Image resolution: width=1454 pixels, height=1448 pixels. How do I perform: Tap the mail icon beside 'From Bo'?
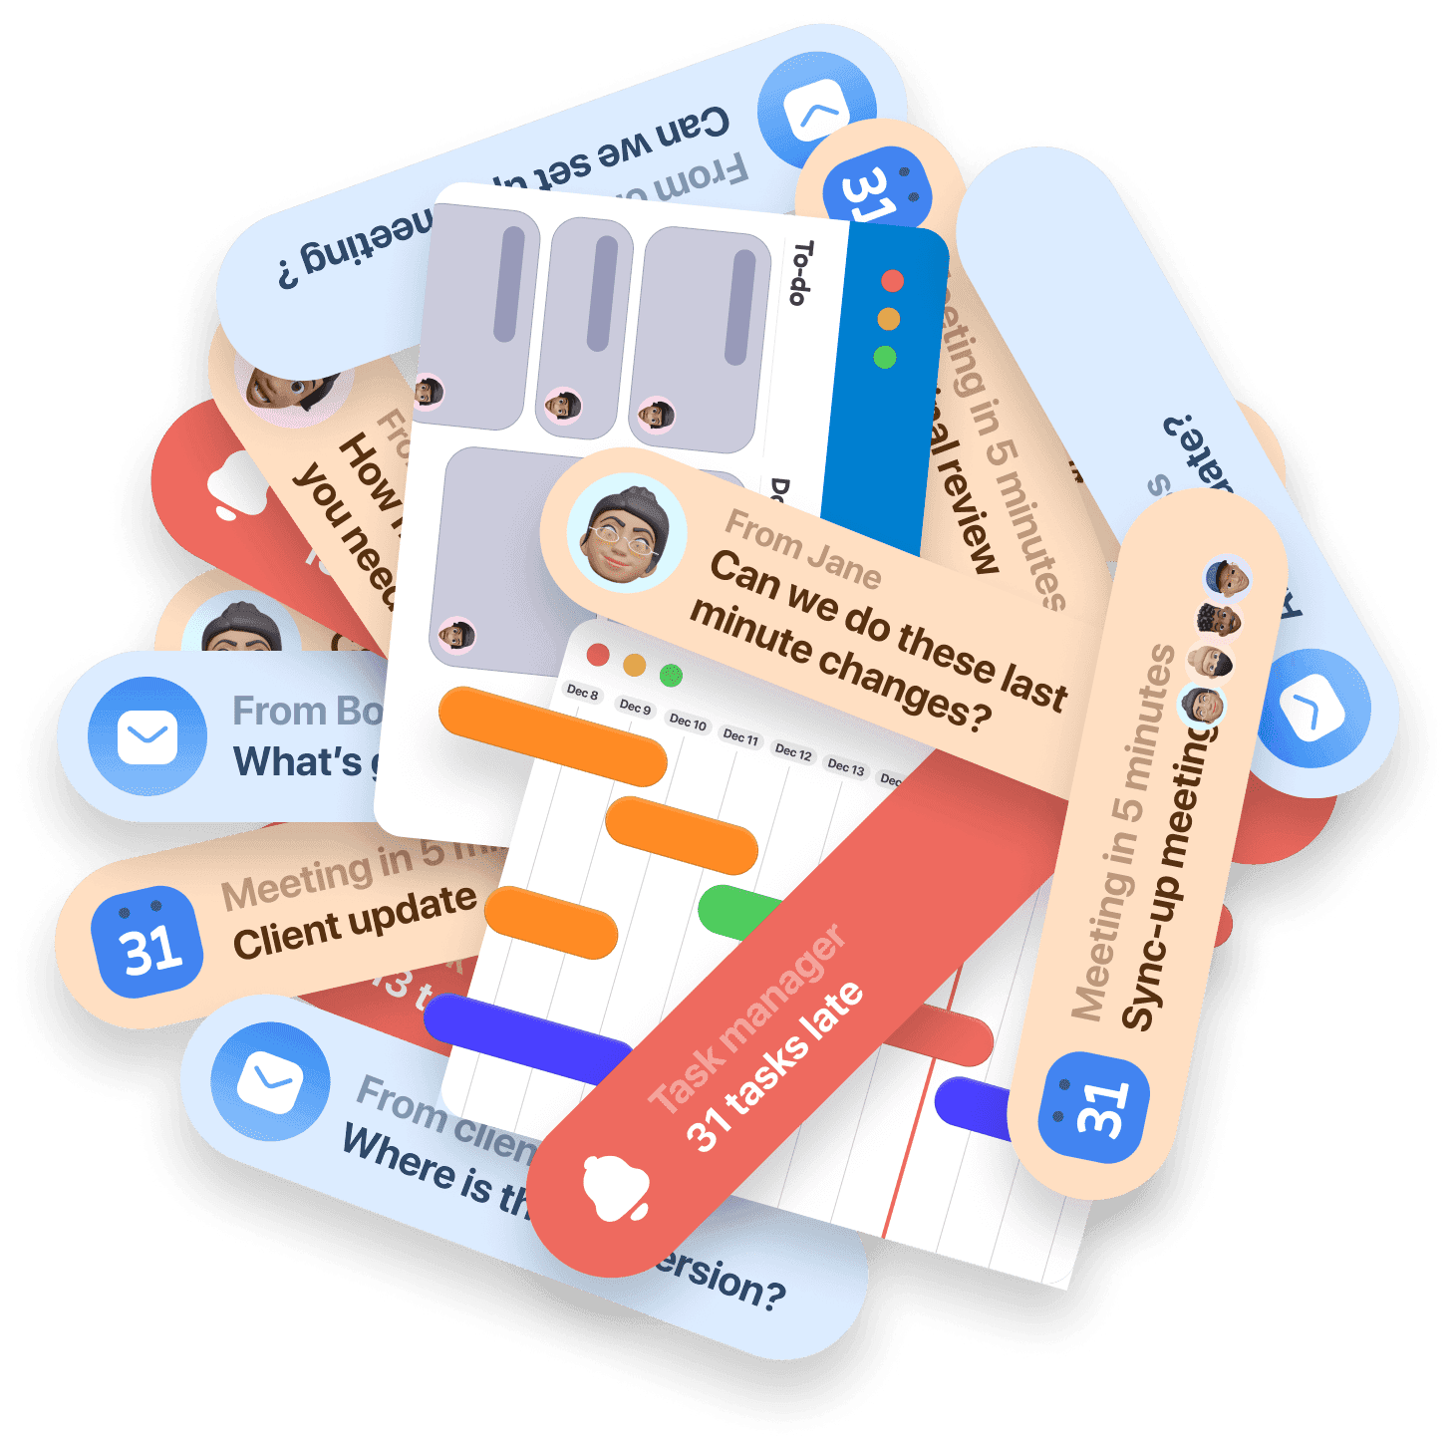pyautogui.click(x=147, y=738)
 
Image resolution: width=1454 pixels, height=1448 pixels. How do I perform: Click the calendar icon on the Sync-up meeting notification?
pyautogui.click(x=1093, y=1107)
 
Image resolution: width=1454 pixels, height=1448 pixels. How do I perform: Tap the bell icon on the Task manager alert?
pyautogui.click(x=616, y=1189)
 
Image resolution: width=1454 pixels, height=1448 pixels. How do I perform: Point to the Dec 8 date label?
pyautogui.click(x=582, y=692)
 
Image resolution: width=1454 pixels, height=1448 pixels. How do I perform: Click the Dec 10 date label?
pyautogui.click(x=688, y=722)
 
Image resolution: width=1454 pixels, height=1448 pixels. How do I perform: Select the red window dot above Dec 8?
pyautogui.click(x=598, y=655)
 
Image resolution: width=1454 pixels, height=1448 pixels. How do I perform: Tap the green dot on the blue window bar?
pyautogui.click(x=884, y=357)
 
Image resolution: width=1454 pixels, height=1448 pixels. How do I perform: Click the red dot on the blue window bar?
pyautogui.click(x=892, y=281)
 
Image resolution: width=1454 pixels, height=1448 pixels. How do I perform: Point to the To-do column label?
pyautogui.click(x=800, y=272)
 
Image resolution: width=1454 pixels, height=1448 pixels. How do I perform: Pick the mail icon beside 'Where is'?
pyautogui.click(x=270, y=1081)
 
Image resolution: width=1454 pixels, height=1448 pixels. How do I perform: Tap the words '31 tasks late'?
pyautogui.click(x=775, y=1065)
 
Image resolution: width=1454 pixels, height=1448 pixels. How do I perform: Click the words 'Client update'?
pyautogui.click(x=355, y=922)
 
